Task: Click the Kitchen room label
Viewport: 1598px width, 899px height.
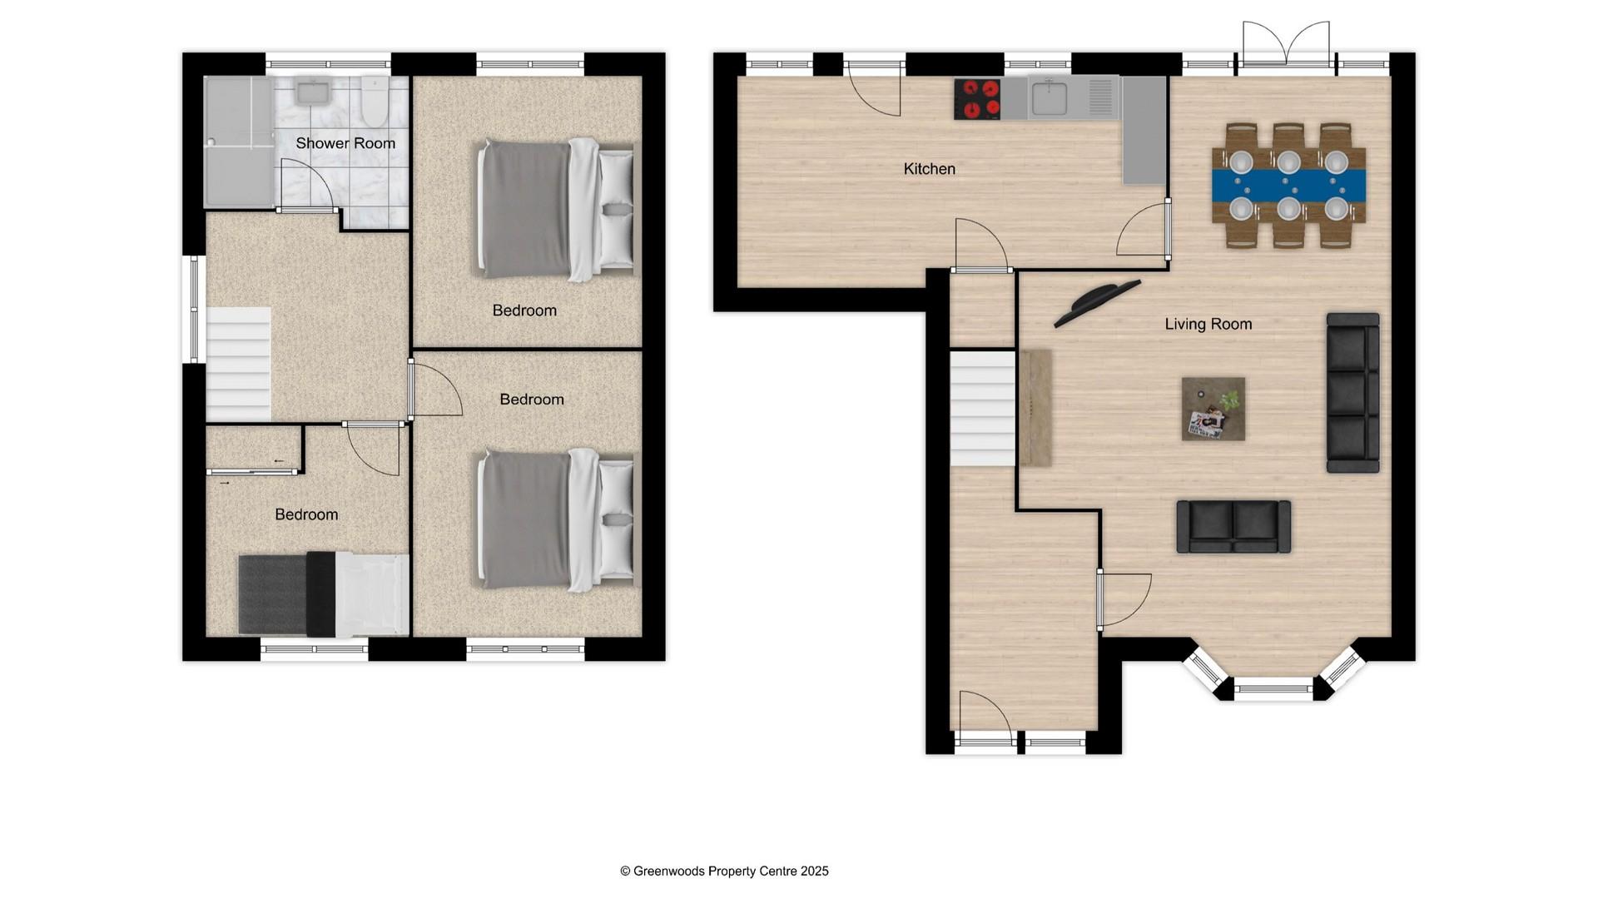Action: tap(929, 169)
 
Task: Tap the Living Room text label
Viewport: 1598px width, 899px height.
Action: tap(1208, 324)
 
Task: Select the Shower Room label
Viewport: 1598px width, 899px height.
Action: tap(345, 143)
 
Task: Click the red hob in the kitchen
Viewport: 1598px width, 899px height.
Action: tap(978, 99)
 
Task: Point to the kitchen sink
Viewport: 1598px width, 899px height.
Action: tap(1050, 97)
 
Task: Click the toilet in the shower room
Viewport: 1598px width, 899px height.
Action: tap(375, 97)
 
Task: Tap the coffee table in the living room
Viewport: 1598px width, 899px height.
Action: tap(1213, 409)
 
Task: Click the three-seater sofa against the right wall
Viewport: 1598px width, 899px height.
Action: tap(1352, 392)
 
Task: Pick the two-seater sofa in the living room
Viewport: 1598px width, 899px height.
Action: tap(1233, 526)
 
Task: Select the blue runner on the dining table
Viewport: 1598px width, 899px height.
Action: tap(1288, 185)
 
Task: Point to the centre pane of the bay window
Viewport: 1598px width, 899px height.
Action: tap(1273, 688)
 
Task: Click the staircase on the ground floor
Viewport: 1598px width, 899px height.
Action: tap(983, 408)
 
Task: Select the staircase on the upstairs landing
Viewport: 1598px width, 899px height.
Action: tap(238, 364)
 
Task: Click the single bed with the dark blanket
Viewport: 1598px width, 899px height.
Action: tap(323, 594)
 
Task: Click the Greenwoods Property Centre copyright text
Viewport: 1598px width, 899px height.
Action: tap(724, 871)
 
